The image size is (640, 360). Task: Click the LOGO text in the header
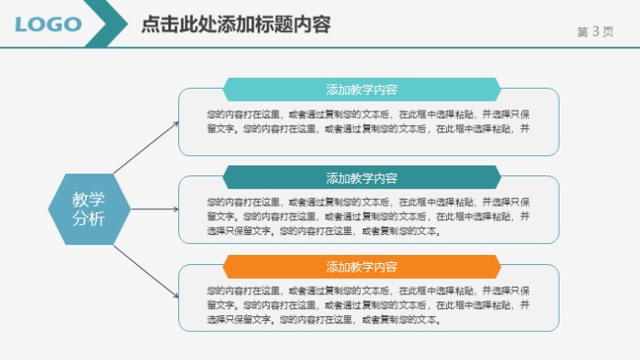[x=48, y=25]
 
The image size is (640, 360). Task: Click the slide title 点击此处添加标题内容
[x=235, y=25]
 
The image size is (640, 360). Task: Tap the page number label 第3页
[x=595, y=31]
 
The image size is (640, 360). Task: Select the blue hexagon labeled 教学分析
[x=89, y=208]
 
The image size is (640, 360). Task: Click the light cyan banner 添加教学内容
[x=362, y=90]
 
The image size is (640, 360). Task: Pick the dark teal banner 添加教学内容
[x=362, y=177]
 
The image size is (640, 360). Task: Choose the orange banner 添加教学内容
[x=362, y=267]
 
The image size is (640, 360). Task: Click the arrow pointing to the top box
[x=146, y=147]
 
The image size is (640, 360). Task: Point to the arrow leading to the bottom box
[x=146, y=270]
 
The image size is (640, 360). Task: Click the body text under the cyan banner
[x=368, y=122]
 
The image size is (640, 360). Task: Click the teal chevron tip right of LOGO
[x=117, y=25]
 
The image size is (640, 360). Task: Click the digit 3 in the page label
[x=595, y=31]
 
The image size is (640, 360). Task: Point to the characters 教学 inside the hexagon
[x=89, y=198]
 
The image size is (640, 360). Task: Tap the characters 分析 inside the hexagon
[x=89, y=218]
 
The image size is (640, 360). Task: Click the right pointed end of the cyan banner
[x=497, y=90]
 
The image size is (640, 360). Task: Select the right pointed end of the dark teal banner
[x=497, y=177]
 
